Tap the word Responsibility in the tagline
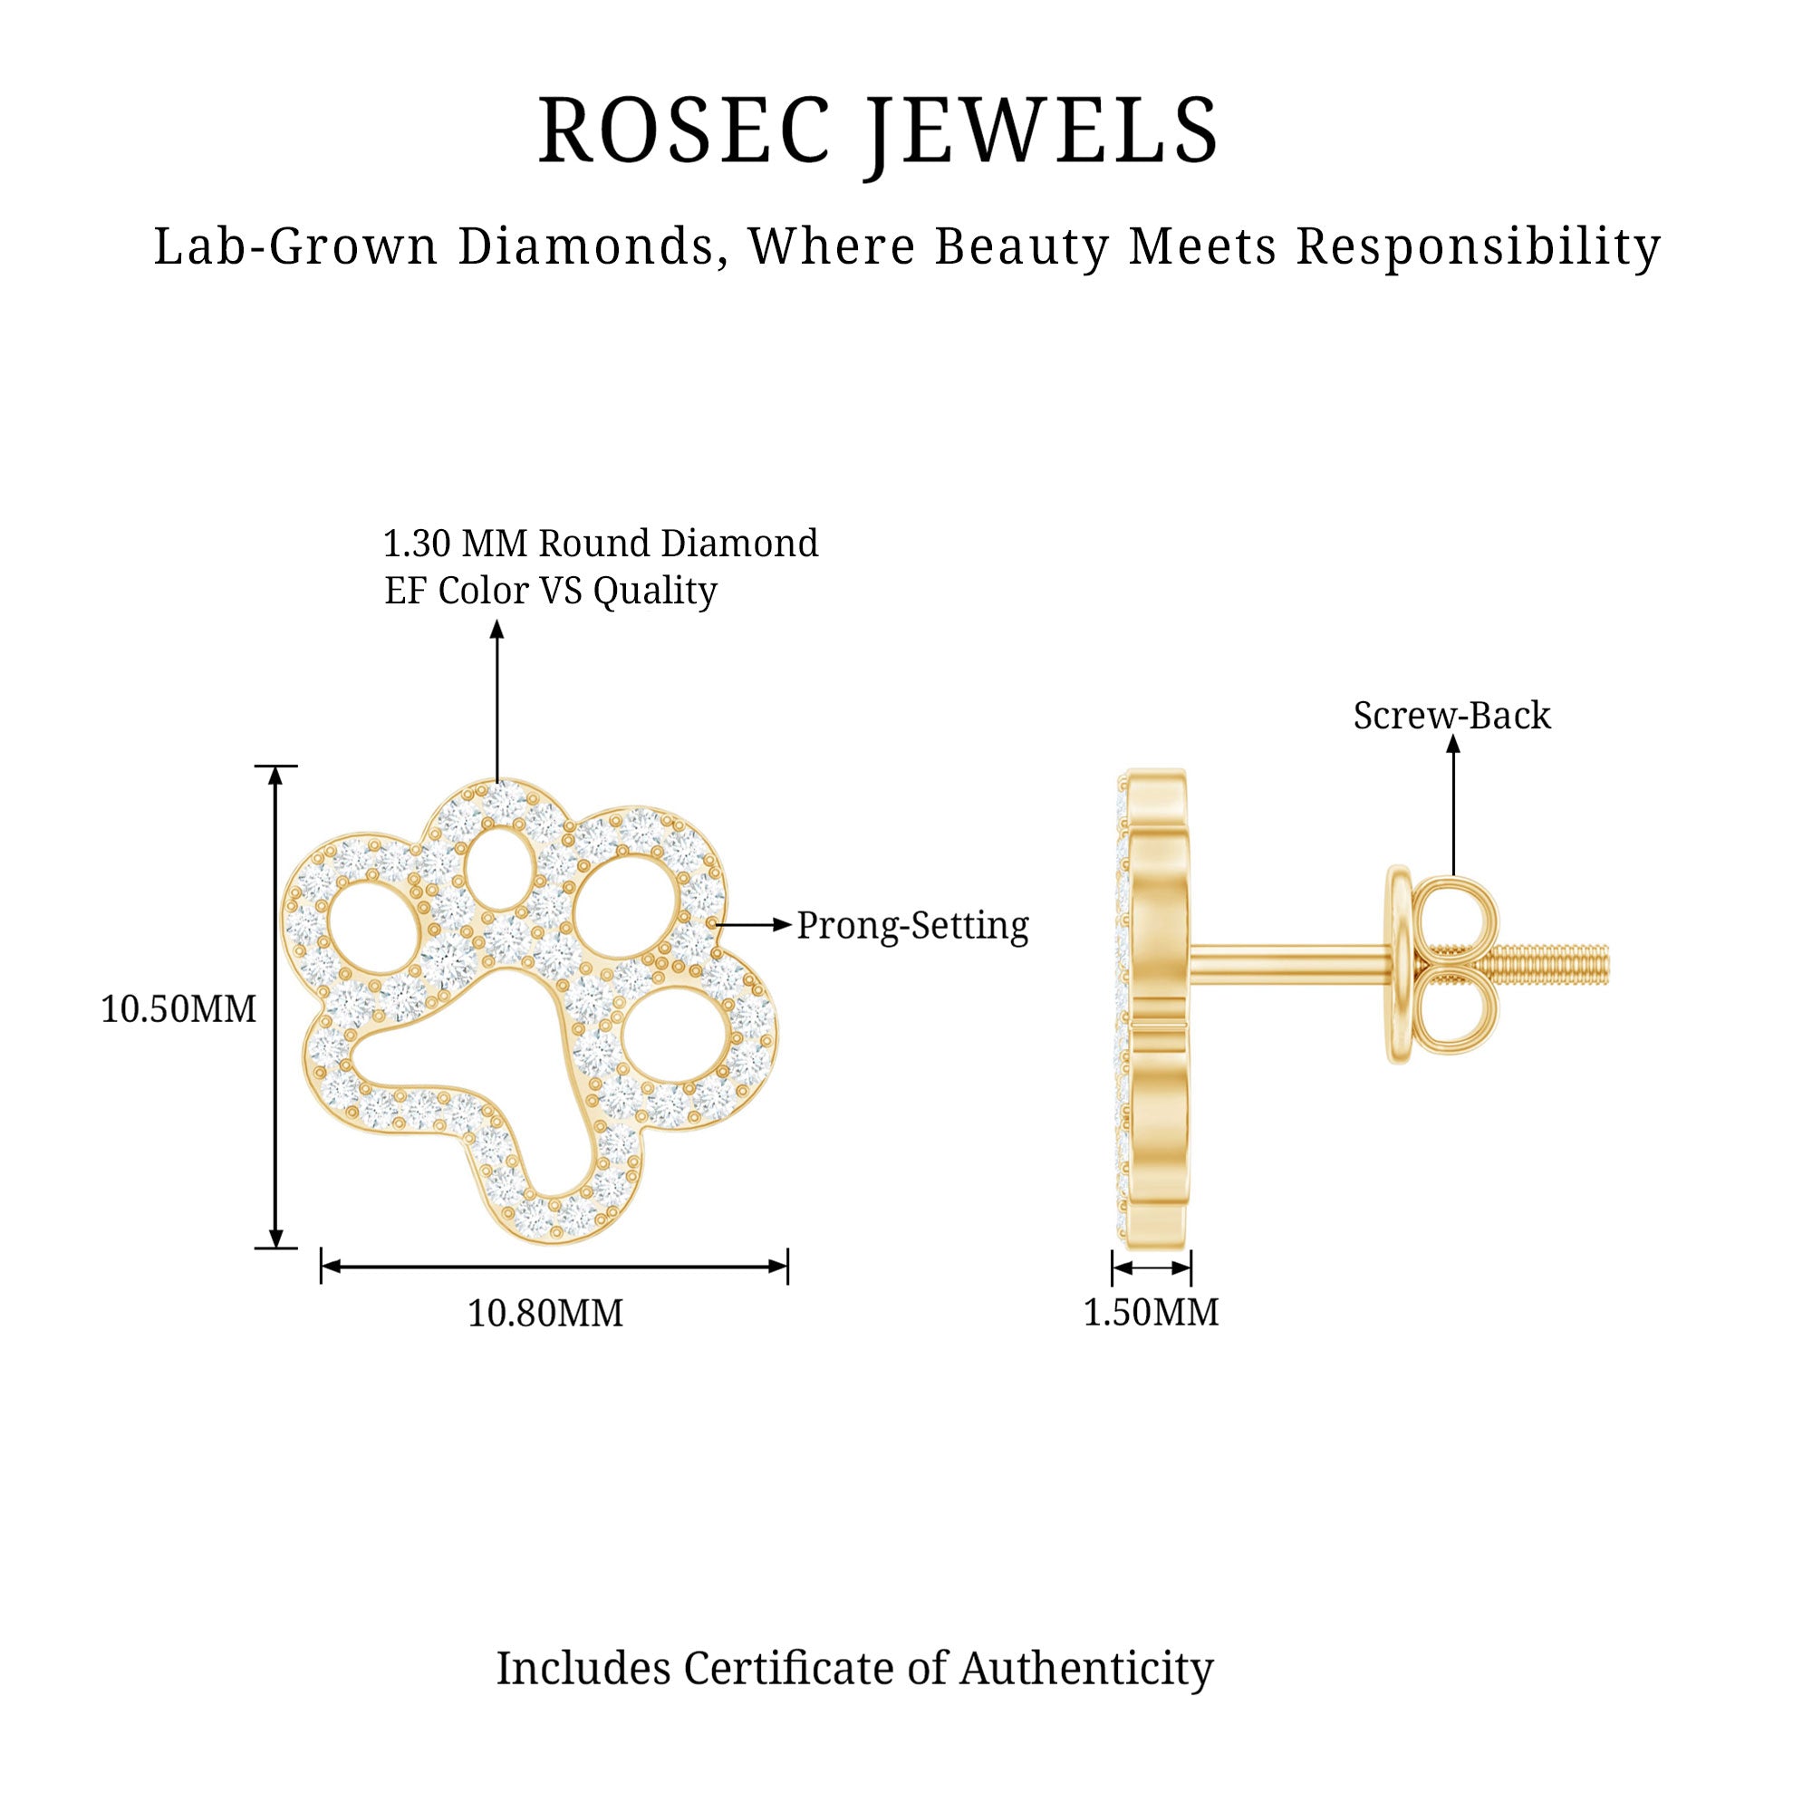[1478, 246]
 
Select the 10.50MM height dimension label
[178, 1009]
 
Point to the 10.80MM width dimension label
[545, 1313]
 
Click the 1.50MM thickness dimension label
[1151, 1312]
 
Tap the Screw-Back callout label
[1451, 716]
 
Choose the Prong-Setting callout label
[911, 926]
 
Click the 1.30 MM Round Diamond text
[601, 543]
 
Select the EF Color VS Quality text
[551, 591]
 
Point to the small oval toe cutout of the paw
[497, 869]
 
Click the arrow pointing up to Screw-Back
[1453, 806]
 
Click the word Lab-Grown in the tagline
[295, 246]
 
